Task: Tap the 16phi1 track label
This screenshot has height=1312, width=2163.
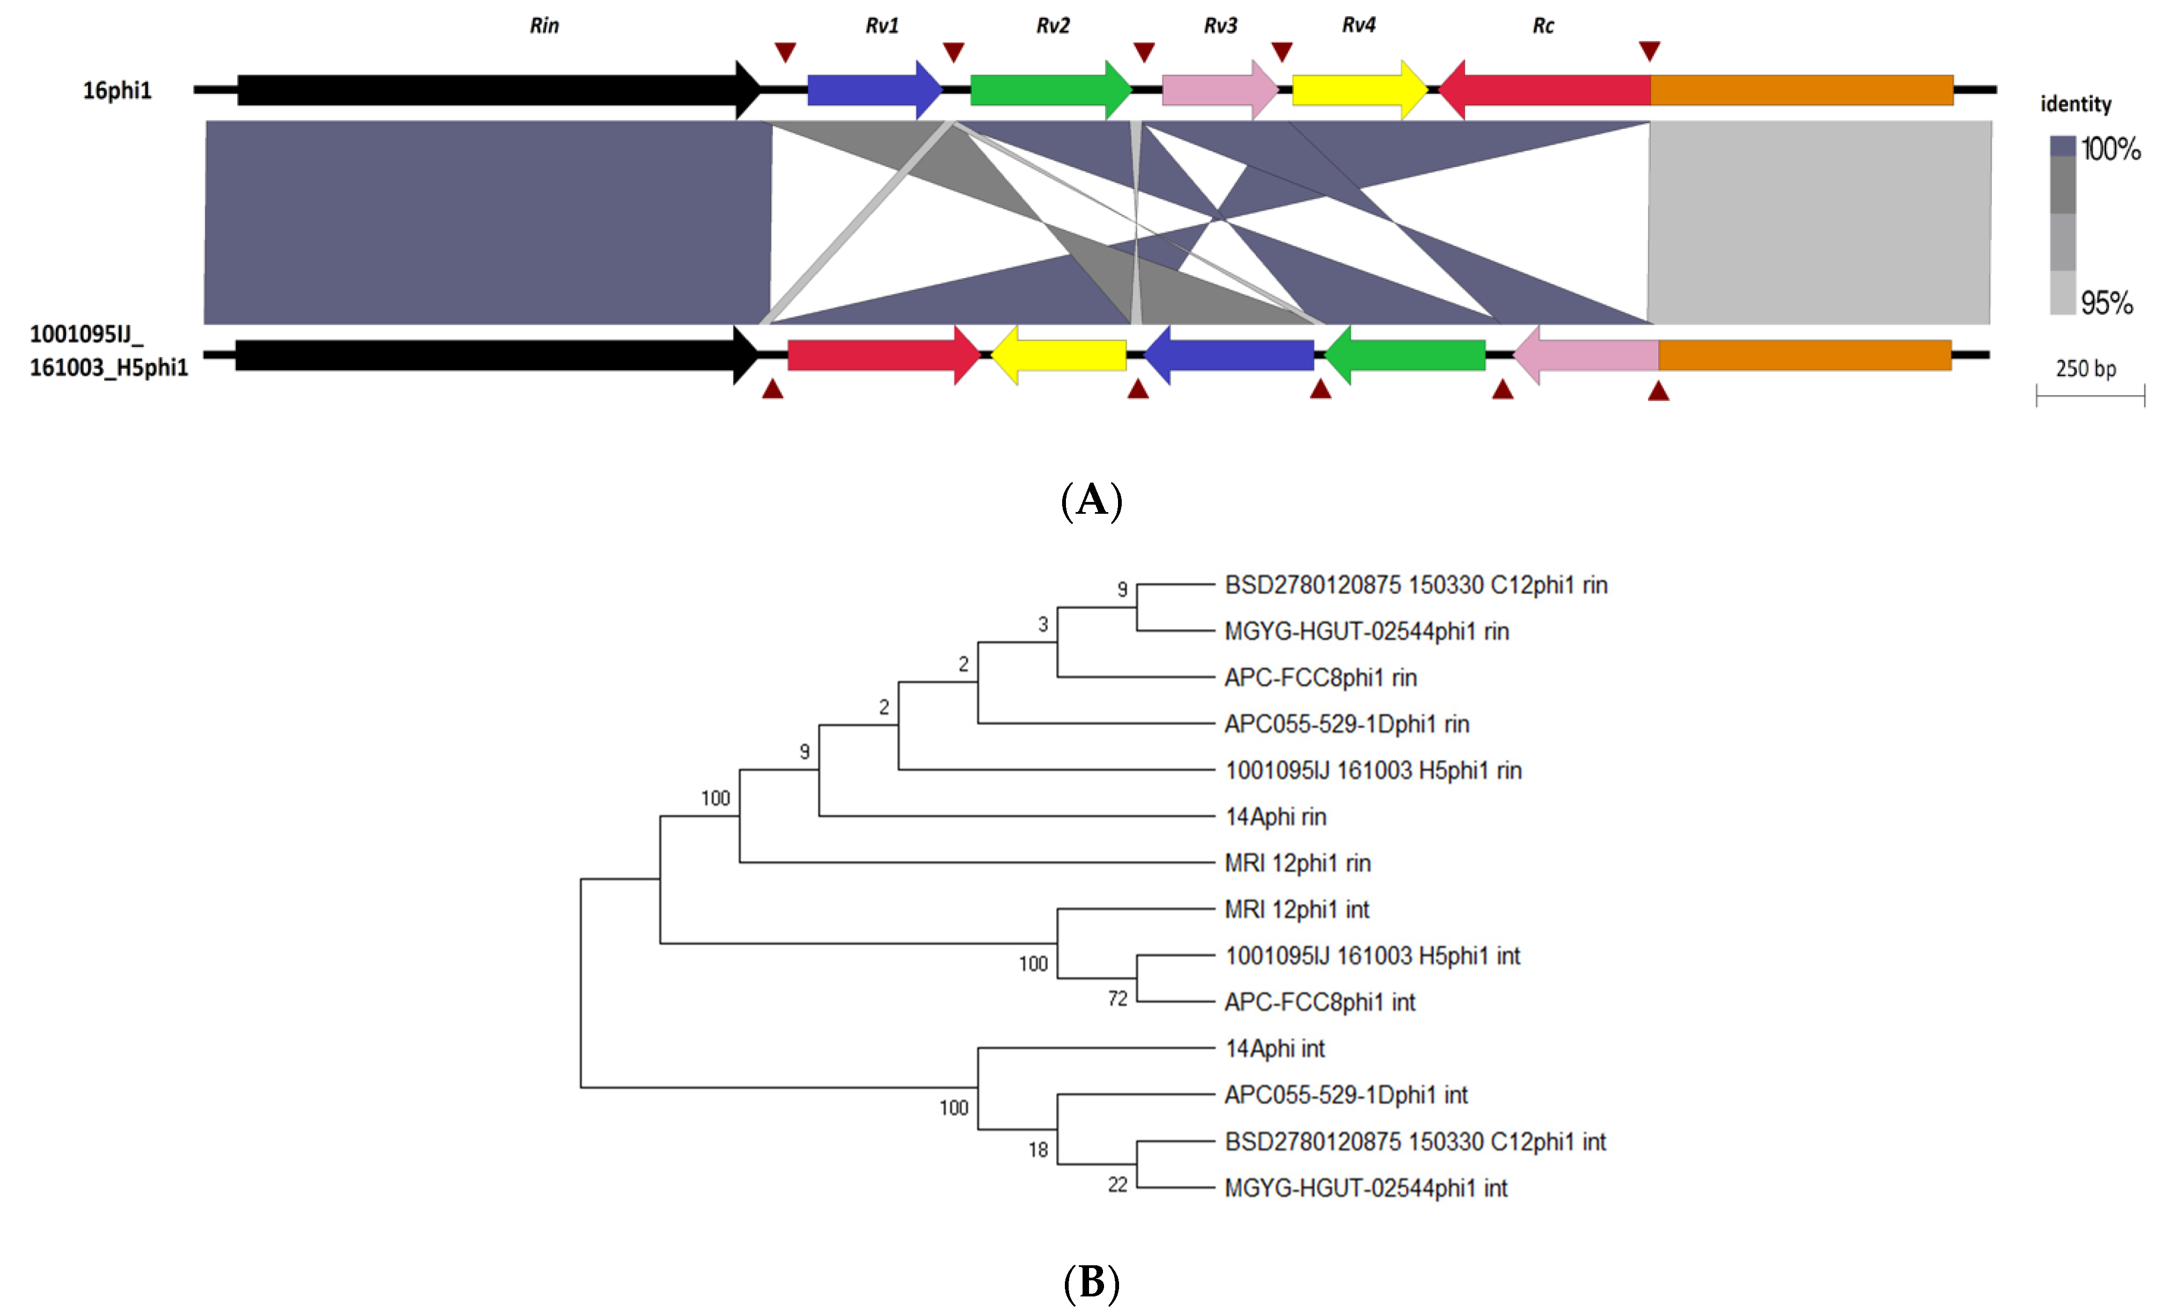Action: coord(117,90)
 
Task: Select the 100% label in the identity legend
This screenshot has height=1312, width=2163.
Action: coord(2110,149)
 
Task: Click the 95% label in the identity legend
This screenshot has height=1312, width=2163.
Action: coord(2107,303)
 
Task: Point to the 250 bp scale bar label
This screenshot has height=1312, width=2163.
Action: coord(2086,369)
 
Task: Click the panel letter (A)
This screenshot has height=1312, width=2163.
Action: coord(1091,500)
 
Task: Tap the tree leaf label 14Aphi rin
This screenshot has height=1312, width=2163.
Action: coord(1276,817)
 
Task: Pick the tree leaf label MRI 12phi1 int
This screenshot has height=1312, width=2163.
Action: coord(1297,910)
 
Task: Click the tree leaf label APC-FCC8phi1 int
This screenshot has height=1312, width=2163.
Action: coord(1319,1002)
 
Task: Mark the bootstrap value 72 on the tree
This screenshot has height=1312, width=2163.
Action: coord(1116,998)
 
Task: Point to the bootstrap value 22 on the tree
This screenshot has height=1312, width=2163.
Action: coord(1116,1185)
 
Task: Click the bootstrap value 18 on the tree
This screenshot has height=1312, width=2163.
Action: coord(1038,1149)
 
